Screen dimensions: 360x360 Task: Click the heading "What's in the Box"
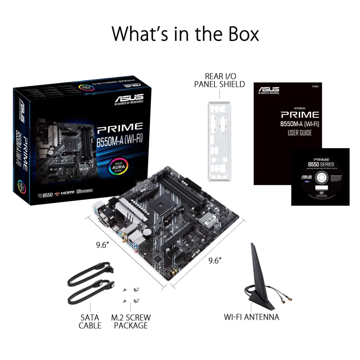(185, 34)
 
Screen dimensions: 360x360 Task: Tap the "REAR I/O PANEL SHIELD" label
(219, 80)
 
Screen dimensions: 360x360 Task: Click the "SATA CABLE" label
(90, 321)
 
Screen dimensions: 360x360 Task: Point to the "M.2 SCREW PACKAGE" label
(131, 321)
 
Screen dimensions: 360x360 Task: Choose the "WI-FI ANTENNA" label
(251, 317)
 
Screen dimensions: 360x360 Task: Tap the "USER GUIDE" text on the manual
(299, 133)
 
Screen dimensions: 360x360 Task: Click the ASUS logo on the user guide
(268, 90)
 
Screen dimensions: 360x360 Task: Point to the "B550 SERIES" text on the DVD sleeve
(321, 164)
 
